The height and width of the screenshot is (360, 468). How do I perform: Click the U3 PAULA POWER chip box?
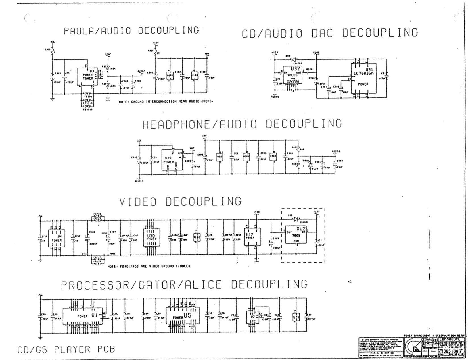87,76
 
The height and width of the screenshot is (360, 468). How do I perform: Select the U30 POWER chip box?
151,237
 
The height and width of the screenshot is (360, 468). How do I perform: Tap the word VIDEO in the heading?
138,202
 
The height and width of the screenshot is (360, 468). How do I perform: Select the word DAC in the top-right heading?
322,33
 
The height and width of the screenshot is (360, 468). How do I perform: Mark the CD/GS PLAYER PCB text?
66,349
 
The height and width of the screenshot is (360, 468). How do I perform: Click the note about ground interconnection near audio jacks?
166,101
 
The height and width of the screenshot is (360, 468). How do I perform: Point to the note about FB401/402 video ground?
149,266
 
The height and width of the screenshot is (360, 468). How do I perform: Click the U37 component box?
296,316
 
